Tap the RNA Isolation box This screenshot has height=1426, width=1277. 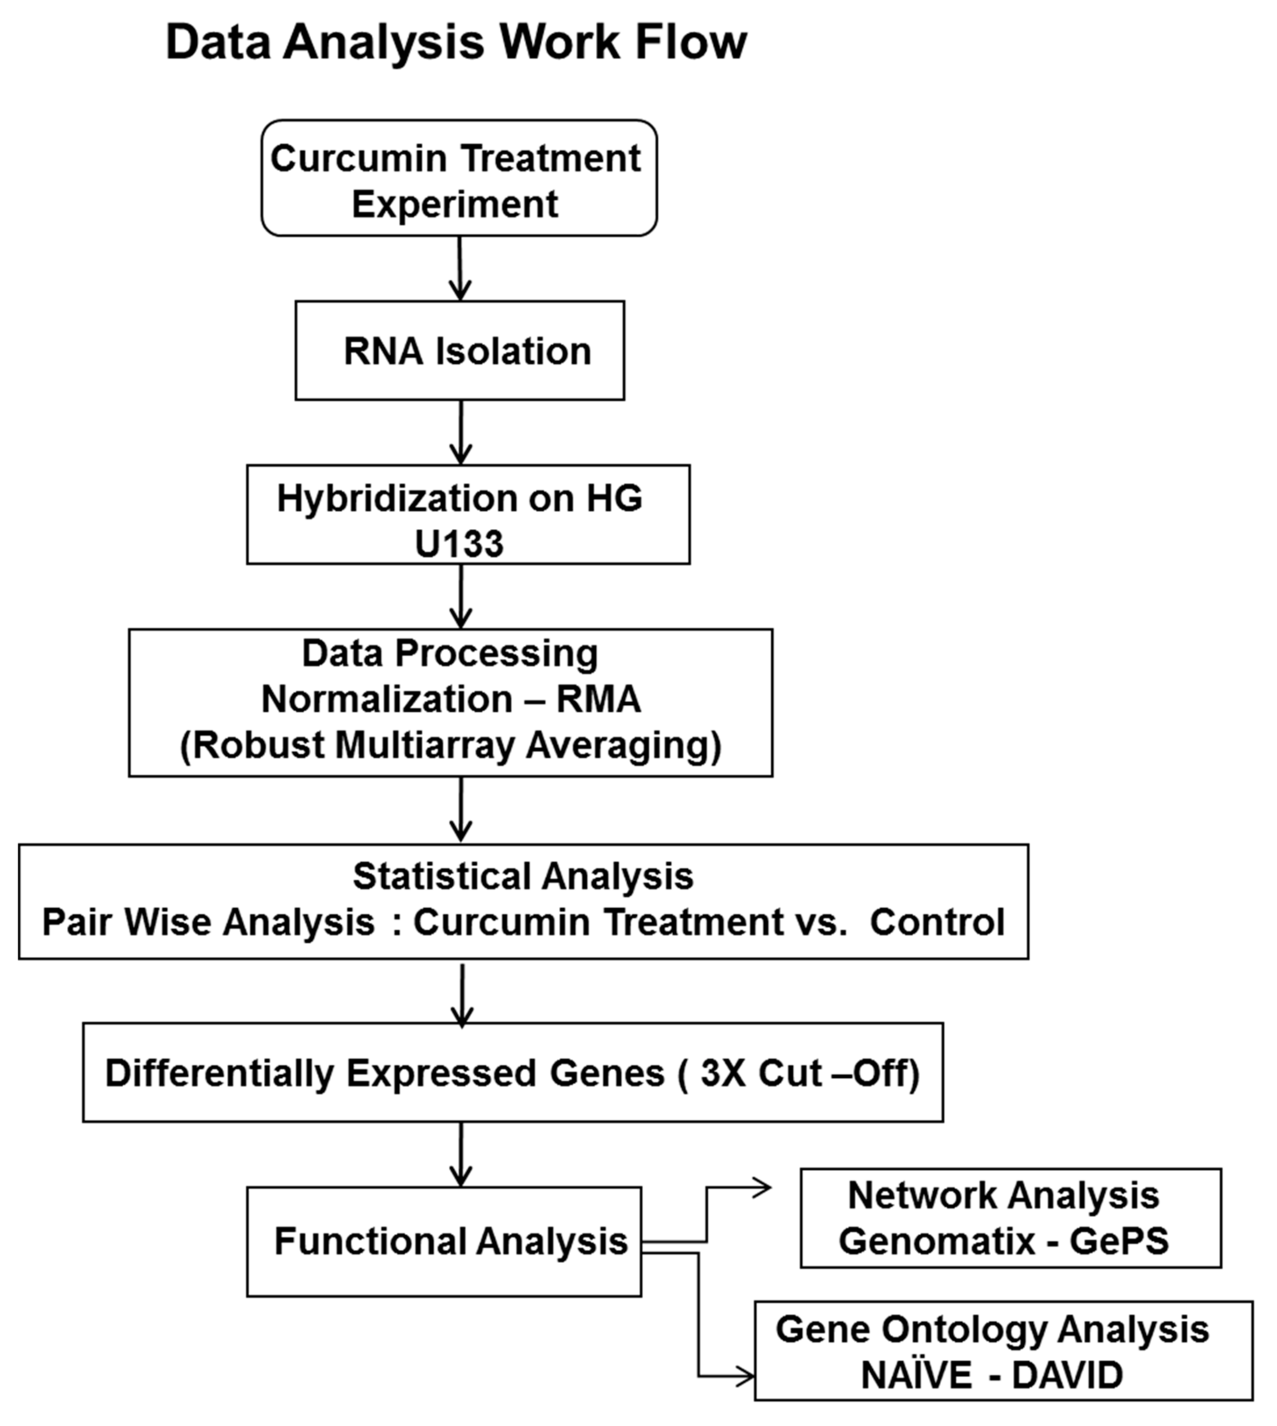pos(459,351)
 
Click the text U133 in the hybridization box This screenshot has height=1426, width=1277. pos(459,544)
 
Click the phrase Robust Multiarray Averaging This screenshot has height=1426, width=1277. pos(450,745)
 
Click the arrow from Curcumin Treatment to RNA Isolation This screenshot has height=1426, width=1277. pos(459,269)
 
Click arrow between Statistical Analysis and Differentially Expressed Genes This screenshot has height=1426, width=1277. pos(462,996)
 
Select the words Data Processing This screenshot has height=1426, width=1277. pos(450,653)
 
